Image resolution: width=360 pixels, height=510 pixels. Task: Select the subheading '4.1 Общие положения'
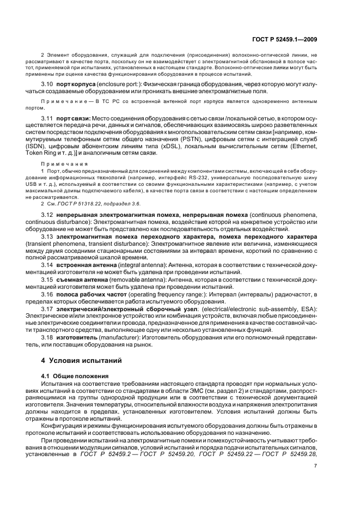coord(75,376)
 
